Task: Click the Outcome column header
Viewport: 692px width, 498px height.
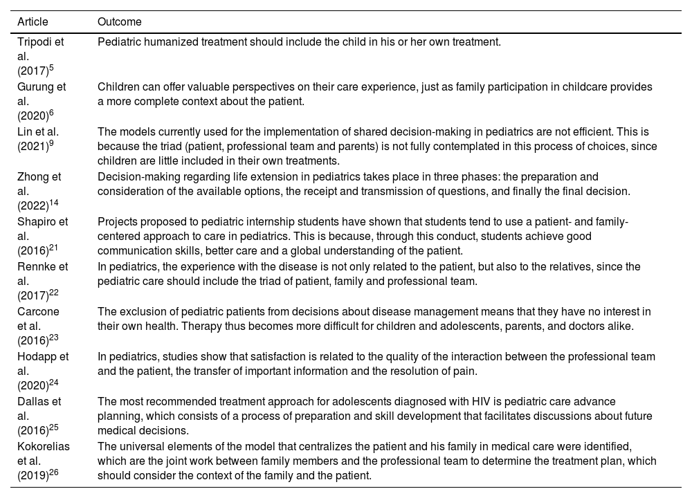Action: pyautogui.click(x=120, y=22)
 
